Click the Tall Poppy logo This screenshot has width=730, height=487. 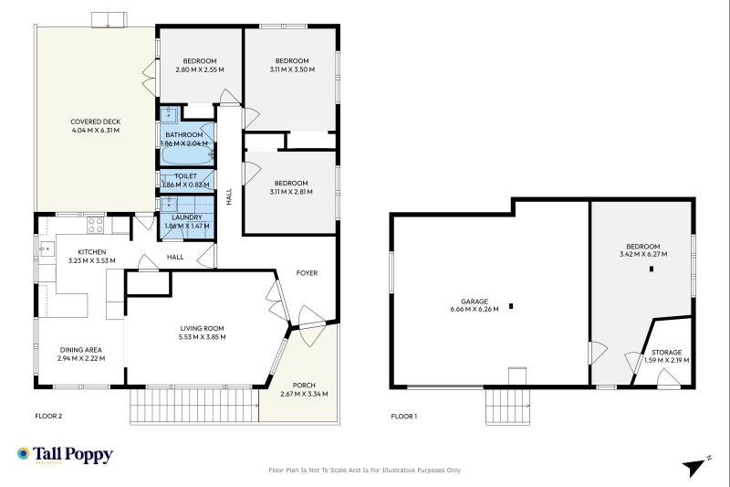click(65, 454)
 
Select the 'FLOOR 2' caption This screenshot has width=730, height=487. click(48, 416)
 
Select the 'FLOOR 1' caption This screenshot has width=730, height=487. click(403, 416)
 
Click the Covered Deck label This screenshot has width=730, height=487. click(96, 122)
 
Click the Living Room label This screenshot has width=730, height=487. click(201, 328)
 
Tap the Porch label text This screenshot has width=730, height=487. click(303, 385)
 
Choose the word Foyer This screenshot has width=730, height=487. click(307, 272)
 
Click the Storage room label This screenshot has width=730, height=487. click(665, 352)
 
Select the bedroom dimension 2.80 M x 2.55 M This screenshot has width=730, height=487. click(199, 69)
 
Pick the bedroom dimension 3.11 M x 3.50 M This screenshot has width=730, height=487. click(292, 69)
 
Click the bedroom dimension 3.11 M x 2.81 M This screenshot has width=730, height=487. click(292, 192)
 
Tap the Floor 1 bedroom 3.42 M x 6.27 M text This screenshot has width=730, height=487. click(642, 254)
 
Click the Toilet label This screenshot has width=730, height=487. click(186, 175)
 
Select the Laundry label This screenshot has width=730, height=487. click(186, 217)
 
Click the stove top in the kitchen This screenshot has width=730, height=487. click(95, 223)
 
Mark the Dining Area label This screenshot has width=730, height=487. click(80, 349)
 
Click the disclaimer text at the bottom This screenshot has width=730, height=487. click(364, 471)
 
